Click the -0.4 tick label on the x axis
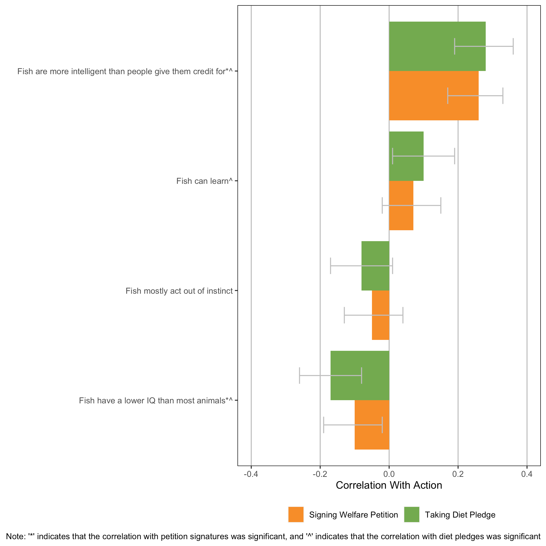[x=251, y=474]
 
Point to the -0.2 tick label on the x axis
[x=320, y=474]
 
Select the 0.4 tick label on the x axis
[x=527, y=474]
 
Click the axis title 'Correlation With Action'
[x=389, y=485]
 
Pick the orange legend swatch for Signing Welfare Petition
[x=296, y=515]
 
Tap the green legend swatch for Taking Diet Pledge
[x=412, y=515]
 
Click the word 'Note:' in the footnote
[x=15, y=536]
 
